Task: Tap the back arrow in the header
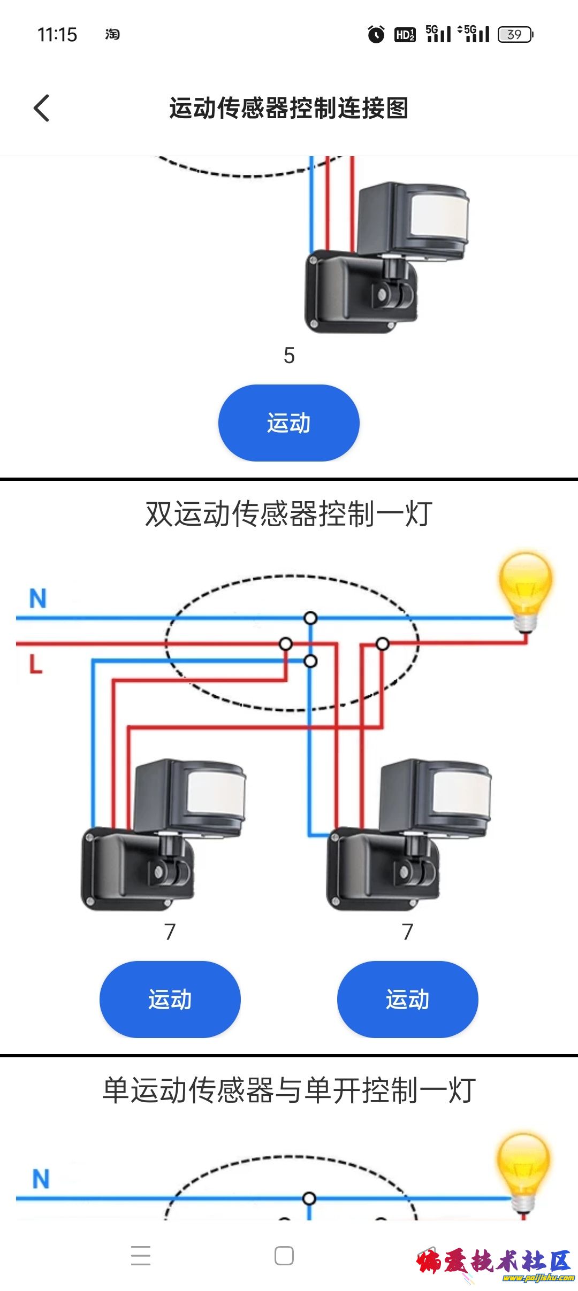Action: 42,108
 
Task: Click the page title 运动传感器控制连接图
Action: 289,108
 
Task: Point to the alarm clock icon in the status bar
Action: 376,35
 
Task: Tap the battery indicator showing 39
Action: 515,35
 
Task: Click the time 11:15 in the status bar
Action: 57,35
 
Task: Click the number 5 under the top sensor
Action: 289,356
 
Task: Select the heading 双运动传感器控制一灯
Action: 289,514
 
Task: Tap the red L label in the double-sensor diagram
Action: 35,664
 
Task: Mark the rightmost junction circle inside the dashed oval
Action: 382,644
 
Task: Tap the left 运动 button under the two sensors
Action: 170,999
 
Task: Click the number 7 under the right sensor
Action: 408,932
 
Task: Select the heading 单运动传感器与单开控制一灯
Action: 289,1090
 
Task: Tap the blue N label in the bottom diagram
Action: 41,1179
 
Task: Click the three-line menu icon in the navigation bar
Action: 141,1255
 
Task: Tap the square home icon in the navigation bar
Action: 284,1255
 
